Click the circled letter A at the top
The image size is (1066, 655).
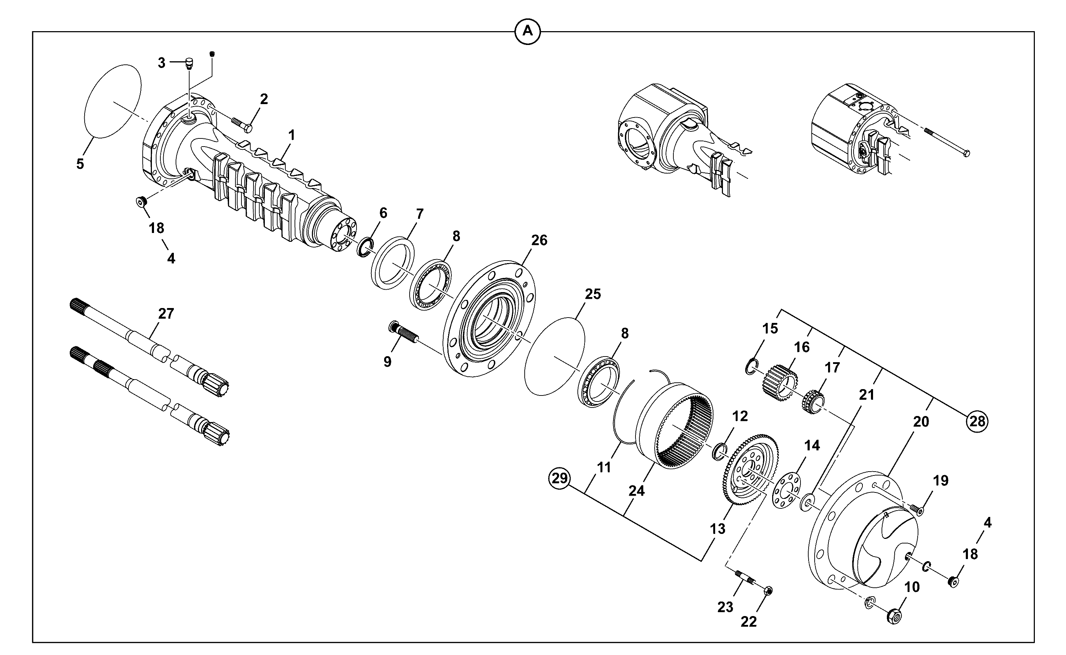(x=527, y=31)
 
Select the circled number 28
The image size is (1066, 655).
(x=977, y=421)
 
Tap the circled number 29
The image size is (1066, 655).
(x=560, y=478)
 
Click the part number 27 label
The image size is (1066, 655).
(x=166, y=314)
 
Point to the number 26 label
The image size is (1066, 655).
(x=539, y=240)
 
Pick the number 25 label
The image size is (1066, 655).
(x=593, y=294)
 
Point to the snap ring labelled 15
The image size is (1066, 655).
(x=752, y=366)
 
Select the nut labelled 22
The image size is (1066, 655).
(x=768, y=591)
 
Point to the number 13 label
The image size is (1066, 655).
(x=717, y=529)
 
